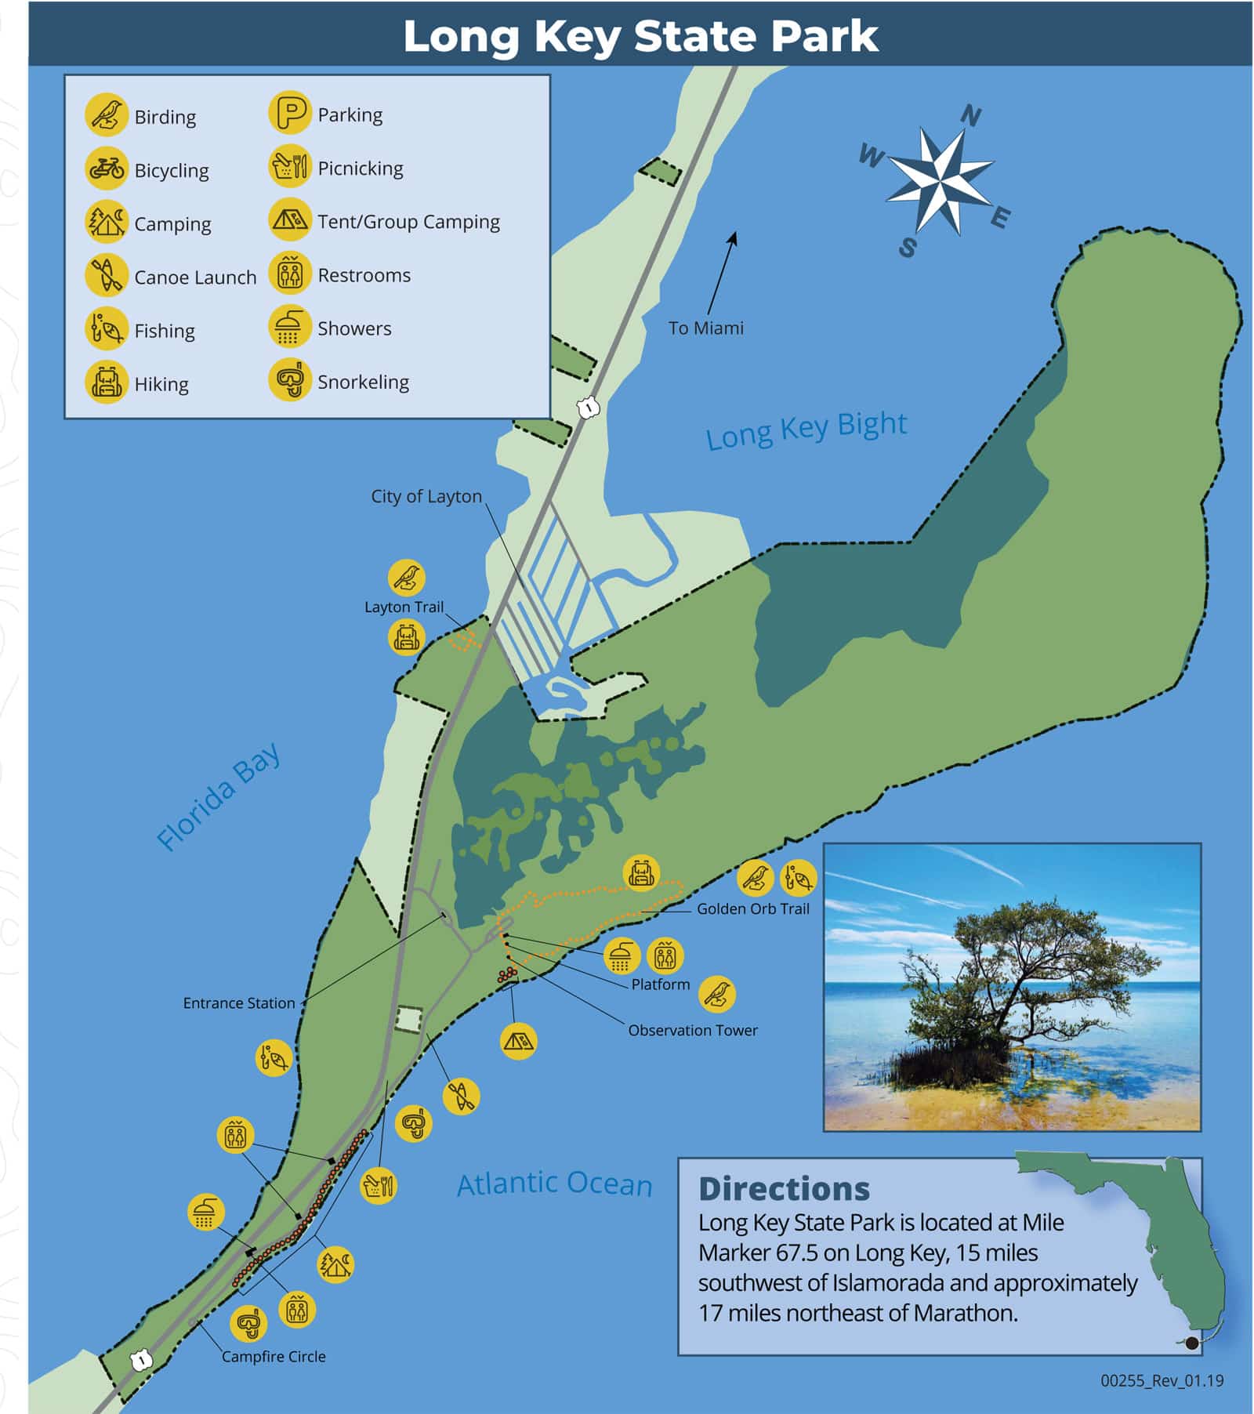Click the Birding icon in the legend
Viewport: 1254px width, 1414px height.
point(107,115)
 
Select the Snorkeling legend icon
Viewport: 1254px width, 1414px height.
point(290,381)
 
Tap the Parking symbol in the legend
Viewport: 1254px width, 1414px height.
point(290,114)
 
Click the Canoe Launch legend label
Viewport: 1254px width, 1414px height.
point(195,277)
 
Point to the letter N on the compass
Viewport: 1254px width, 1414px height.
point(970,116)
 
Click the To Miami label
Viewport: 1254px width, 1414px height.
point(705,328)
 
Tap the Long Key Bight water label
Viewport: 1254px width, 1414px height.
point(806,430)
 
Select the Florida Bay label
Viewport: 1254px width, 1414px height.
point(218,796)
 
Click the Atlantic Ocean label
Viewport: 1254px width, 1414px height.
point(554,1184)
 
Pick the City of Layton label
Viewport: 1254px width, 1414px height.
point(426,496)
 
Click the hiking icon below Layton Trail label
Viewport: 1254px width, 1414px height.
point(406,636)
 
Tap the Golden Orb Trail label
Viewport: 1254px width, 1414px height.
point(752,908)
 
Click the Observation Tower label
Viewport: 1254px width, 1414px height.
point(692,1030)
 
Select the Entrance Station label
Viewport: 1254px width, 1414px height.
point(239,1002)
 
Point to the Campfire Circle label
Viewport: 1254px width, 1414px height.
point(273,1356)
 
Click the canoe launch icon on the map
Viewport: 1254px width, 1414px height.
point(461,1096)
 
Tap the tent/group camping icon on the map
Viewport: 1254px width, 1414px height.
point(518,1041)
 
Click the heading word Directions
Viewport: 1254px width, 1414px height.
point(784,1189)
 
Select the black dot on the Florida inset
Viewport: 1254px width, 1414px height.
point(1192,1343)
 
